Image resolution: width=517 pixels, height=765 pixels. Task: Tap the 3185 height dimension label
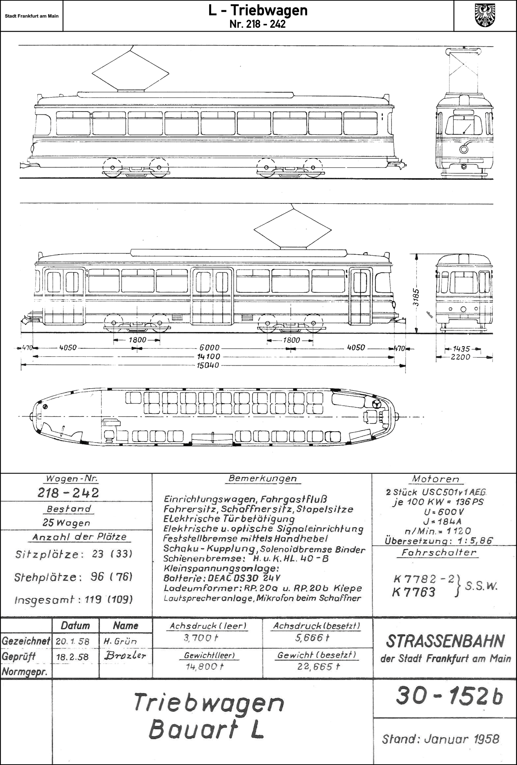click(x=416, y=297)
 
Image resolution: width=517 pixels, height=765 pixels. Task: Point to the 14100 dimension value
click(x=208, y=356)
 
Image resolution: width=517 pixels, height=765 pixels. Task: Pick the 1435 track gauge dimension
click(x=461, y=349)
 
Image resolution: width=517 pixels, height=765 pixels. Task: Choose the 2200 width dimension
click(x=460, y=357)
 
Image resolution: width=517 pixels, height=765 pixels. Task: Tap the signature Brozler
click(x=125, y=656)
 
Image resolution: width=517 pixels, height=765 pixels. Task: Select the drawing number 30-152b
click(x=449, y=697)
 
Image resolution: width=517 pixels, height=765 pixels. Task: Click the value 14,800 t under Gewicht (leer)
click(x=204, y=667)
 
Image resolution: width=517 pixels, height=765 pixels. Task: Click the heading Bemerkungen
click(x=262, y=478)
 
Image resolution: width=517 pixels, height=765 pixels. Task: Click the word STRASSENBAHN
click(x=445, y=641)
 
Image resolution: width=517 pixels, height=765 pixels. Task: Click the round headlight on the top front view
click(x=464, y=149)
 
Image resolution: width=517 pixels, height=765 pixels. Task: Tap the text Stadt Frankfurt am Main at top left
click(x=32, y=16)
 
